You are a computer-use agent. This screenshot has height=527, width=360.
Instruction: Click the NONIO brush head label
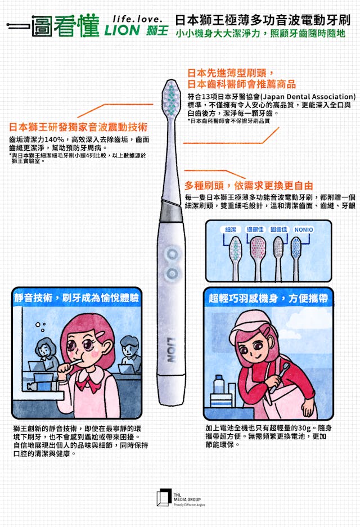304,229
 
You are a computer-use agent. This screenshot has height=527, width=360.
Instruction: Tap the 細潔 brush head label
231,229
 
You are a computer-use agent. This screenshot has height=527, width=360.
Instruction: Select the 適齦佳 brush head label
255,229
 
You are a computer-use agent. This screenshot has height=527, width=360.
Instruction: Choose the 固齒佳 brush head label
278,229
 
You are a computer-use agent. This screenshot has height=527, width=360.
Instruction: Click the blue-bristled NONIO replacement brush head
296,258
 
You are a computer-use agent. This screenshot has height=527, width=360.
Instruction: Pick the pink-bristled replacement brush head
257,258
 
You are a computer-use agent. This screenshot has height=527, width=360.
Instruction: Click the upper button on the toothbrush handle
172,254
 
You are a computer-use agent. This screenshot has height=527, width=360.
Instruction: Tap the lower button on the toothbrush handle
172,273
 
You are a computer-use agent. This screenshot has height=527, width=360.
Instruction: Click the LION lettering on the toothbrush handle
172,349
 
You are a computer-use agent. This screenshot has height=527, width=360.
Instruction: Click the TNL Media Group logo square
164,497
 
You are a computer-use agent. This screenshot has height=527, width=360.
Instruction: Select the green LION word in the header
122,30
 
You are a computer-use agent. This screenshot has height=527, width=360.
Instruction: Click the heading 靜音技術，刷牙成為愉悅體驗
76,298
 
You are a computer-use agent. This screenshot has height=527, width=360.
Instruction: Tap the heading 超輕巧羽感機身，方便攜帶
268,298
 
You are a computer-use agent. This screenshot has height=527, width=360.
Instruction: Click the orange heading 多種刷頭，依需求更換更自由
249,186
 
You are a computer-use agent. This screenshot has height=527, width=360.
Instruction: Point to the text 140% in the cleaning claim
54,139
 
